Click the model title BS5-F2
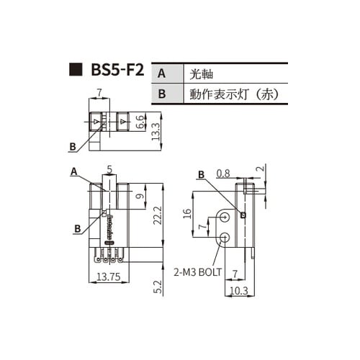coord(117,71)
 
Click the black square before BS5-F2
coord(74,71)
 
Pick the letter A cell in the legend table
coord(162,73)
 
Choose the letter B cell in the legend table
coord(162,94)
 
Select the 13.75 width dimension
coord(108,276)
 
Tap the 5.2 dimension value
coord(156,287)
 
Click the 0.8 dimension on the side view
coord(223,173)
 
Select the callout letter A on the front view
coord(73,171)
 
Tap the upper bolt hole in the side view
coord(227,216)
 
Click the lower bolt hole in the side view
coord(226,238)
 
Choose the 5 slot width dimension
coord(109,170)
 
